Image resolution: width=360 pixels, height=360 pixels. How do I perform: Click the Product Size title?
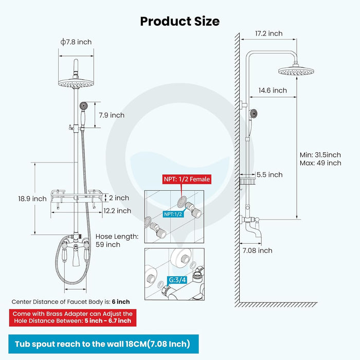click(x=180, y=21)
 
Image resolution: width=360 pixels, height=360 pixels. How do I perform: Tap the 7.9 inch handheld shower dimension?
click(x=111, y=115)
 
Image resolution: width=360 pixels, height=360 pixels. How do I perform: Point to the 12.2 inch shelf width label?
click(x=117, y=210)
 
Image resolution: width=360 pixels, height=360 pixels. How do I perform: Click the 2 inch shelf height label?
click(x=118, y=198)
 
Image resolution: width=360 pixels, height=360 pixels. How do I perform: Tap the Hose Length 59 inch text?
click(x=117, y=240)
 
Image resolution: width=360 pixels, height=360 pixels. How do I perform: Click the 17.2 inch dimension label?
click(x=269, y=33)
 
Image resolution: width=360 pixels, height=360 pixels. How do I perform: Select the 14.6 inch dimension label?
click(x=273, y=91)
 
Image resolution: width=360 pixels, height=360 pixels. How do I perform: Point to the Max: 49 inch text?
click(x=320, y=163)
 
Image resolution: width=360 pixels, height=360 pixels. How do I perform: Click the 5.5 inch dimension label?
click(x=269, y=175)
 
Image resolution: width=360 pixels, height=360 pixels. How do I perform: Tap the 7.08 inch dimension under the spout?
click(x=258, y=250)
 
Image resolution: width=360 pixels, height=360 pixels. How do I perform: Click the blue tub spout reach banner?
click(x=102, y=344)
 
